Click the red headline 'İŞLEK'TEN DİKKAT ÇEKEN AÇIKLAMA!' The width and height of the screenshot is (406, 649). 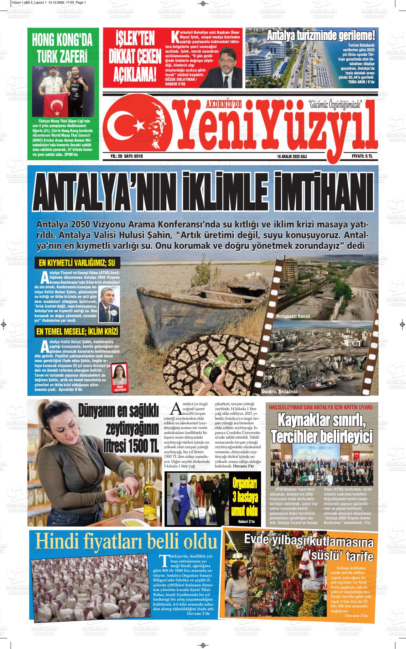point(132,56)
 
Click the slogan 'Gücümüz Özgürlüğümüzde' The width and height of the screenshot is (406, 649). point(336,105)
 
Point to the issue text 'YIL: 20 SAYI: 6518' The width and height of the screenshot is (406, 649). point(129,156)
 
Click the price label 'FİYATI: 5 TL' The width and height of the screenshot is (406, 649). point(362,156)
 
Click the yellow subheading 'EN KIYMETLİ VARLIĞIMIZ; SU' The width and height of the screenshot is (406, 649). point(77,264)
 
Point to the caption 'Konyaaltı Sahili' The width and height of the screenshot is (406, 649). point(293,316)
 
